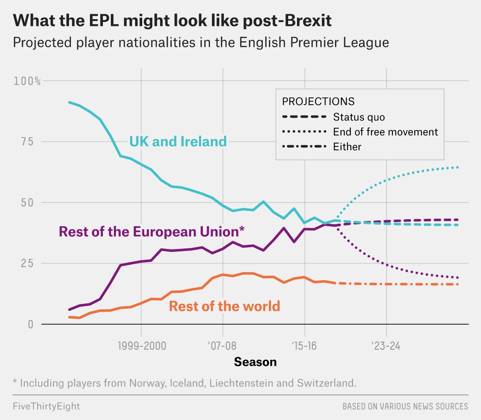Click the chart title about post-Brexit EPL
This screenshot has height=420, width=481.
point(172,21)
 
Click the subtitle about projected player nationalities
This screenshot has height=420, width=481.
point(201,43)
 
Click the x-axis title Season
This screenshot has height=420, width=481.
point(255,361)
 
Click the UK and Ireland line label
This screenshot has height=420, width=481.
point(178,141)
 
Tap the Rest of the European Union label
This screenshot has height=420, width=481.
point(151,231)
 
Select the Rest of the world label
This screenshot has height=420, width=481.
point(224,306)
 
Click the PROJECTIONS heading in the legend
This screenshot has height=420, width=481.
point(318,101)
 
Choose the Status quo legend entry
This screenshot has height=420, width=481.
point(359,117)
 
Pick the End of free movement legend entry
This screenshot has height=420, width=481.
point(385,132)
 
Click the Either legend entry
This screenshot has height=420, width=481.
point(347,147)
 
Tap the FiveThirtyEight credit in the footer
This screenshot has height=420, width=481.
point(46,406)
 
